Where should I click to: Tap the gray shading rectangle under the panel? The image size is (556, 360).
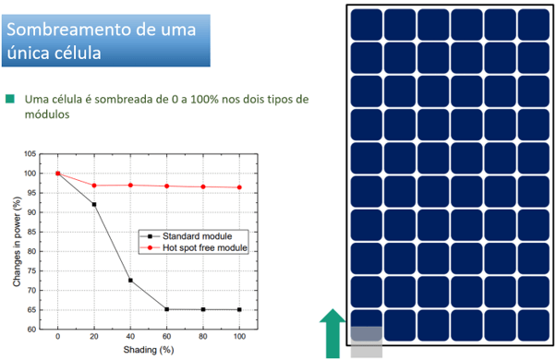tap(366, 339)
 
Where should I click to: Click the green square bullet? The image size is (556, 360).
tap(10, 99)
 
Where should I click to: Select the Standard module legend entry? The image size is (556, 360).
tap(193, 234)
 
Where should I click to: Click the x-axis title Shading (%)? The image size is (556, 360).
tap(150, 352)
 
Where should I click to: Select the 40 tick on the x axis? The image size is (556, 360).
tap(130, 339)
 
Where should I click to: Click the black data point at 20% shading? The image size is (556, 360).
tap(94, 204)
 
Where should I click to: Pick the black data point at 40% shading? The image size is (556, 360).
tap(130, 280)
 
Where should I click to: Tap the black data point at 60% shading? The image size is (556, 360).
tap(167, 309)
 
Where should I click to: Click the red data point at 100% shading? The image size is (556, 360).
tap(240, 187)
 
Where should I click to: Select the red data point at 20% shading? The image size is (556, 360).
tap(94, 186)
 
